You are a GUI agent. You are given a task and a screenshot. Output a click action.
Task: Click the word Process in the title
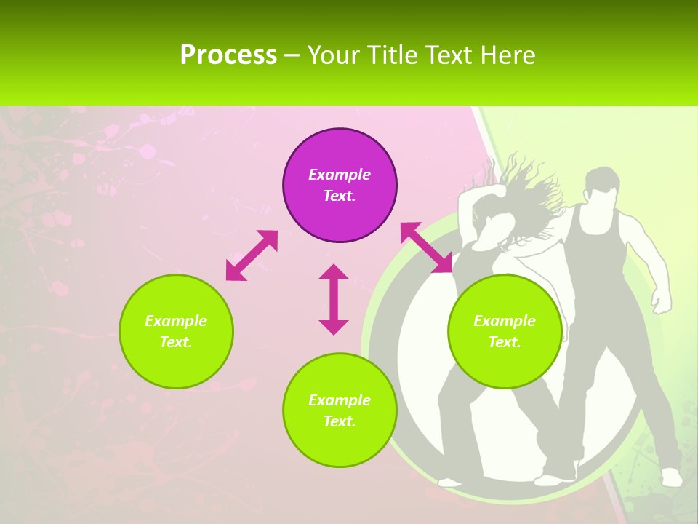pos(228,55)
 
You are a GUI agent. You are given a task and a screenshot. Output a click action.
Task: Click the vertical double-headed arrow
pos(334,299)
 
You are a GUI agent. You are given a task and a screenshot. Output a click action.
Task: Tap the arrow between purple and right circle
pos(426,247)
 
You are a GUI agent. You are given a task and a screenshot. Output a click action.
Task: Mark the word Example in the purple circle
pos(340,175)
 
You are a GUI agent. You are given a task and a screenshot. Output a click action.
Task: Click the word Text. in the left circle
pos(176,342)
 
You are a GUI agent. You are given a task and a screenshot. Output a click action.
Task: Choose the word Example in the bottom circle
pos(340,400)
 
